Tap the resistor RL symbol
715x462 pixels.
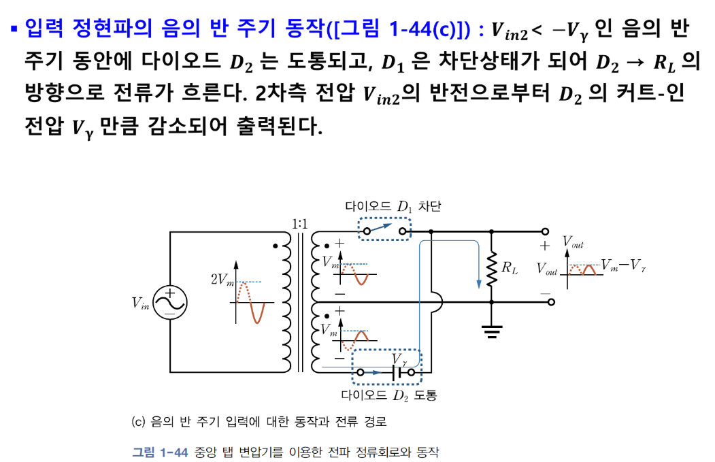tap(491, 267)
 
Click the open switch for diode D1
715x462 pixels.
tap(386, 230)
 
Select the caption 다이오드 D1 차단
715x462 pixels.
tap(393, 206)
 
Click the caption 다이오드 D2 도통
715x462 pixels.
tap(388, 395)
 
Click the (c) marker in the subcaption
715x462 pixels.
tap(138, 422)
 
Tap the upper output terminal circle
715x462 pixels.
tap(545, 231)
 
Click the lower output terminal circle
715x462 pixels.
tap(550, 301)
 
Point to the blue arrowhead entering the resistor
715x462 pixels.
tap(481, 282)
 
